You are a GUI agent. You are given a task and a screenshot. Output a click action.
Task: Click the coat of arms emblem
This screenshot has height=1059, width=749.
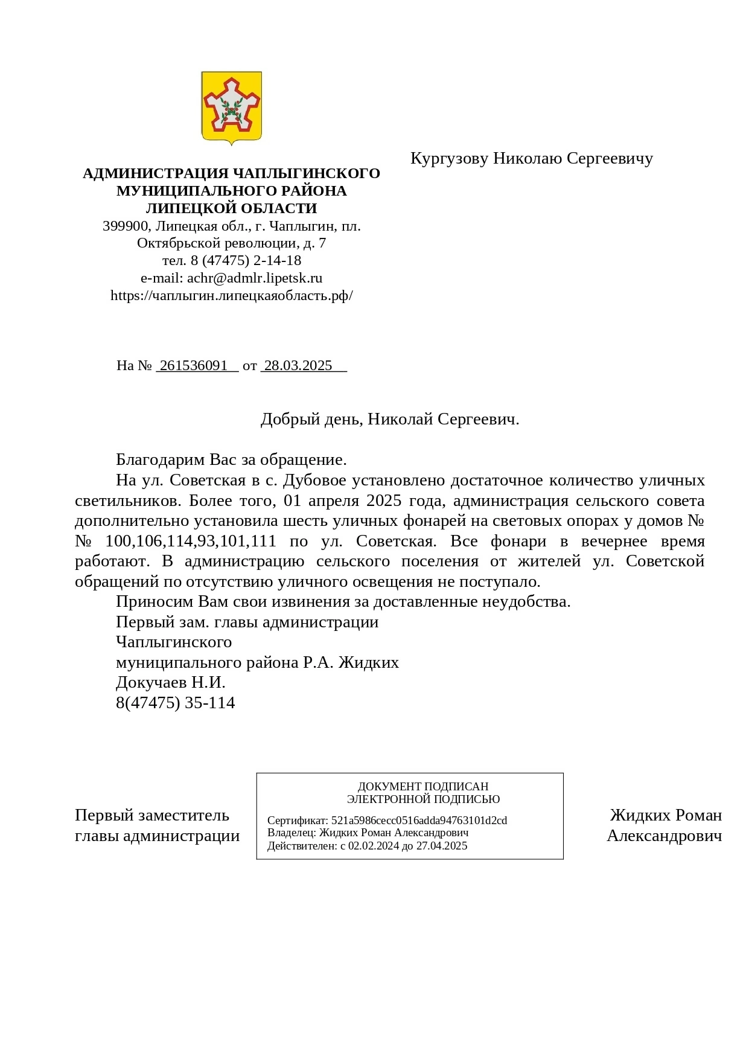pos(231,107)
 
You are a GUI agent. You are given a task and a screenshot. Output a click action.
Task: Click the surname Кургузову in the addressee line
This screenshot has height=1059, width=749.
pos(449,158)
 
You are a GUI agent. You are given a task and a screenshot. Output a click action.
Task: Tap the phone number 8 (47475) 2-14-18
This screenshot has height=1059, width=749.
pos(246,261)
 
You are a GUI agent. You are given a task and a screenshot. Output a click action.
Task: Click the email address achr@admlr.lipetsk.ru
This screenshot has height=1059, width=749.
pos(255,278)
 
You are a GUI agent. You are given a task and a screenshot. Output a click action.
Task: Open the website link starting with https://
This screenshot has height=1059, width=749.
pos(231,296)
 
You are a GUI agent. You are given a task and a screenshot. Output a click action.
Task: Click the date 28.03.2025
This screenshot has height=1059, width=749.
pos(298,366)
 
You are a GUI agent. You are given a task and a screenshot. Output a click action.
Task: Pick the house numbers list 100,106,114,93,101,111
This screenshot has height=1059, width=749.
pos(191,542)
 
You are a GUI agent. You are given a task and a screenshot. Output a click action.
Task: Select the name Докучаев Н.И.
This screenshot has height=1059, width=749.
pos(170,683)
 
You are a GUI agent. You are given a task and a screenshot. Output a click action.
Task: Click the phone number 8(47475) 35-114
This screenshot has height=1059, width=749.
pos(175,703)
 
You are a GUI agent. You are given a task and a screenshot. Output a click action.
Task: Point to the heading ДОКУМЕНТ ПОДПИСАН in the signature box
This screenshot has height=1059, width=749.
pos(422,787)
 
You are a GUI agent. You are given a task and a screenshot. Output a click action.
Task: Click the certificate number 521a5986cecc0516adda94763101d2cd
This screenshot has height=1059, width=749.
pos(419,821)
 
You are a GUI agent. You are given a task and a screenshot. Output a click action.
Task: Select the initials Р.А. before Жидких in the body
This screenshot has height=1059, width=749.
pos(318,663)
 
